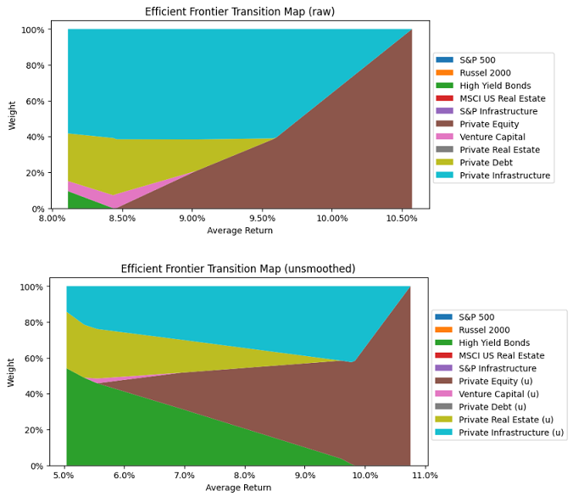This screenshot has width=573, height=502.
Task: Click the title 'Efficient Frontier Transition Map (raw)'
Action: click(240, 12)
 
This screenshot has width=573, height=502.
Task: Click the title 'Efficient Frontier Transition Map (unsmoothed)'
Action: click(238, 269)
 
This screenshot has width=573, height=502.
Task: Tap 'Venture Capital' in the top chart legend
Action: click(492, 137)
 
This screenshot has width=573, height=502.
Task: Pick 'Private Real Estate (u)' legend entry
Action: click(505, 420)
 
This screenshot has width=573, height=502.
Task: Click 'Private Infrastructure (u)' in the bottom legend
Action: click(510, 432)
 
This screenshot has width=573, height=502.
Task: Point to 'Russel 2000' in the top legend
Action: click(486, 73)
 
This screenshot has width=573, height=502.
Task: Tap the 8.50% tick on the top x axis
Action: click(122, 218)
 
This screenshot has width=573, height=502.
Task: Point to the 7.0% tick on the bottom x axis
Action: click(185, 475)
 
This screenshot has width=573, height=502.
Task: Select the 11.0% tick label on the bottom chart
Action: click(425, 475)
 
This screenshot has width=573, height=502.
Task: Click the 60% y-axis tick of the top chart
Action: click(33, 102)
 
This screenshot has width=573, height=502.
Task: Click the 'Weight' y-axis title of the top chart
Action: click(13, 114)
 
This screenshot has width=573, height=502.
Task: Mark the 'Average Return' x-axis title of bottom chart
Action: click(238, 488)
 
